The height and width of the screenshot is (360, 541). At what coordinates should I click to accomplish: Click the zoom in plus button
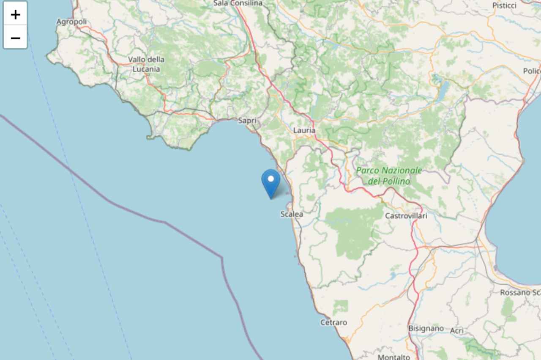tap(15, 14)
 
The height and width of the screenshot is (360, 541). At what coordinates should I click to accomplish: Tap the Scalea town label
tap(292, 214)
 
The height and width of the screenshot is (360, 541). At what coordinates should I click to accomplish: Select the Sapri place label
tap(247, 121)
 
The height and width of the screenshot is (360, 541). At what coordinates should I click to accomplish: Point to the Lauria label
tap(304, 131)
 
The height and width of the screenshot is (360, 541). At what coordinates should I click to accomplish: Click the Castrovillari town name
tap(406, 216)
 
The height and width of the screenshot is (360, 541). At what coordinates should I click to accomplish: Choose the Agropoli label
tap(71, 22)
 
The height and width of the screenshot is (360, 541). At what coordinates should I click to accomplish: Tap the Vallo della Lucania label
tap(146, 64)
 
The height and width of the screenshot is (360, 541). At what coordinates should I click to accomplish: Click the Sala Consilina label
tap(238, 3)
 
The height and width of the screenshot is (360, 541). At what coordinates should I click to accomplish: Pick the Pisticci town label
tap(504, 5)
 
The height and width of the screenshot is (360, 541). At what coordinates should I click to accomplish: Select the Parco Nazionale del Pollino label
tap(389, 176)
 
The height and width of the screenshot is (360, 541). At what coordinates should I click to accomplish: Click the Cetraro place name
tap(333, 322)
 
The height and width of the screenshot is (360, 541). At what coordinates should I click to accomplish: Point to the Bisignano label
tap(426, 328)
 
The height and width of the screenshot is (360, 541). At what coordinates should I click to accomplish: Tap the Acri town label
tap(457, 330)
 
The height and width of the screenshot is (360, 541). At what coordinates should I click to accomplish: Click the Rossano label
tap(520, 292)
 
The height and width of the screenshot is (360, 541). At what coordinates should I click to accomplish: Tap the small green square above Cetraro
tap(340, 307)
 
